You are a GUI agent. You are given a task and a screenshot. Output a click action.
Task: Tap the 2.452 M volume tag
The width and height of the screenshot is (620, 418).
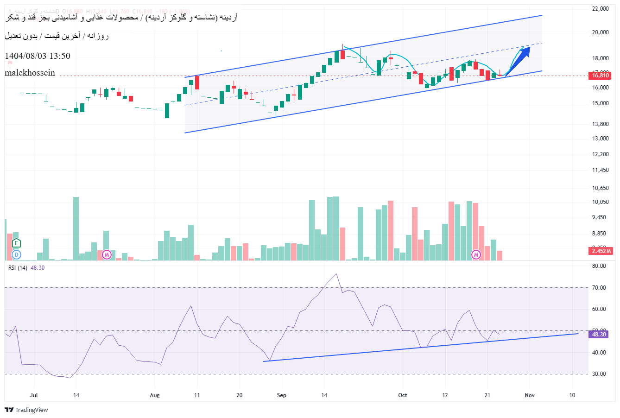601,251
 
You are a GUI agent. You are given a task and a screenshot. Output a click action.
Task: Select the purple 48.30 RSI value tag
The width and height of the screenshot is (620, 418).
600,334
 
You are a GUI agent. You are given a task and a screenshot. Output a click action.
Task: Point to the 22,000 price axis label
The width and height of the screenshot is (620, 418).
600,9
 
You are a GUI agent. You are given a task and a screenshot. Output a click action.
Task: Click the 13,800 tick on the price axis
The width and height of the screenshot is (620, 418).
600,124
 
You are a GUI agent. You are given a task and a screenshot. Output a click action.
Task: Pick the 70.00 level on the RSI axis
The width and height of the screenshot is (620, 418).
599,288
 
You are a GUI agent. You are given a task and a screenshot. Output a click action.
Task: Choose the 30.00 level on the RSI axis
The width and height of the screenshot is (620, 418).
599,374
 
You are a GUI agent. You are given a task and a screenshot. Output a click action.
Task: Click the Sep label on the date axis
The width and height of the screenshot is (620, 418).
282,395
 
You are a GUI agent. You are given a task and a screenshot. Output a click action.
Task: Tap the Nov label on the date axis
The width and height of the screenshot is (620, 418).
530,395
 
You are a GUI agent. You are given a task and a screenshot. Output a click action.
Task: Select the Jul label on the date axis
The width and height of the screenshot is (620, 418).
33,395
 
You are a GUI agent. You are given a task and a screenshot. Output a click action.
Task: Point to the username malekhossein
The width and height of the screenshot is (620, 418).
30,73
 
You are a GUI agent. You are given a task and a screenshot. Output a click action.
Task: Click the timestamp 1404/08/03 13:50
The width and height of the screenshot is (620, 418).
38,56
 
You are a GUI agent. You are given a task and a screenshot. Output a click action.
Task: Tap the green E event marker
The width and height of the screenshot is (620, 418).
17,243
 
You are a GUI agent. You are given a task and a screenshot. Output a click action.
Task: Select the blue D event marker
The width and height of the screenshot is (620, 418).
17,254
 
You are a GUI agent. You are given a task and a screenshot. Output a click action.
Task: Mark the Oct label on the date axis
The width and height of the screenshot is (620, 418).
403,395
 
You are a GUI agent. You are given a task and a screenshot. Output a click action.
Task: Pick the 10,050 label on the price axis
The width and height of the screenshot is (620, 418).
600,202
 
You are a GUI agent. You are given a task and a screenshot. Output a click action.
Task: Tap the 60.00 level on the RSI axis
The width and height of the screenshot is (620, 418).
599,309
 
